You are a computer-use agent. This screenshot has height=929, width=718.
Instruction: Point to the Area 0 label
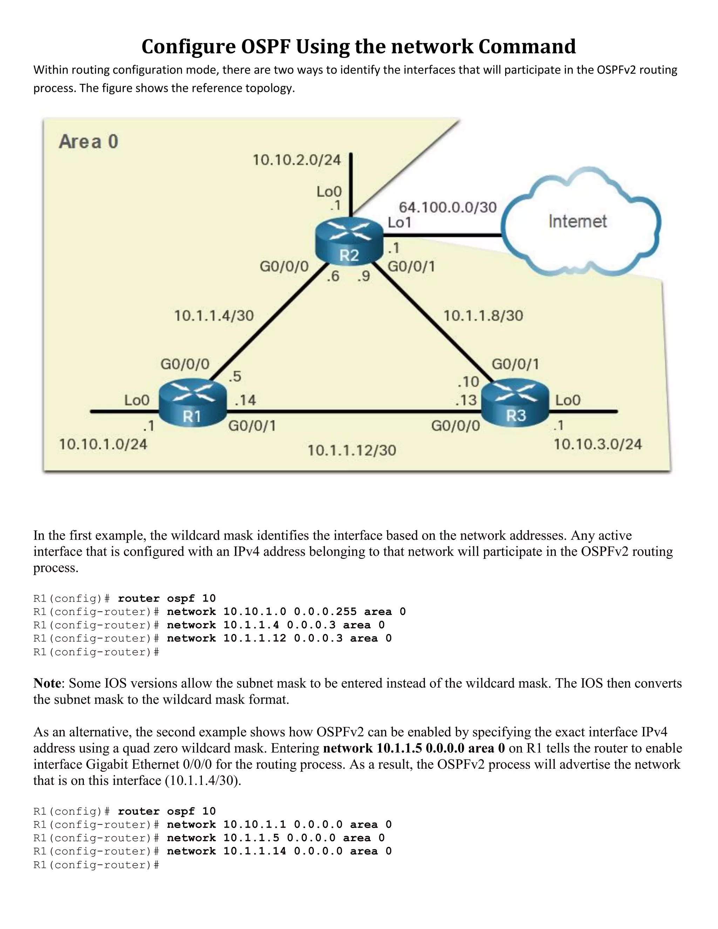[x=88, y=142]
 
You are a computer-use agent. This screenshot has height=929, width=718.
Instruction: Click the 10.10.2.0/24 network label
[x=297, y=160]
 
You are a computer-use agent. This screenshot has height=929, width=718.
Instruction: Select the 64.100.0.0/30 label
[x=447, y=207]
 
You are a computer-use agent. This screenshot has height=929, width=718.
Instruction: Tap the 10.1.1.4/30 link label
[x=214, y=316]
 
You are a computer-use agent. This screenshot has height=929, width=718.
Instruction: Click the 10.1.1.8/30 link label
[x=483, y=316]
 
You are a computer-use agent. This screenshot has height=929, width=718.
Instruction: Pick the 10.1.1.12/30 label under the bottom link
[x=352, y=450]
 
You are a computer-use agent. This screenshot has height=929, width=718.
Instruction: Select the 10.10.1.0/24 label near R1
[x=103, y=444]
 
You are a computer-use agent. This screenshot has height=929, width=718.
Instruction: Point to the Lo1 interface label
[x=399, y=223]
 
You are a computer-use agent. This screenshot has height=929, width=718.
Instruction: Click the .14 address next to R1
[x=245, y=400]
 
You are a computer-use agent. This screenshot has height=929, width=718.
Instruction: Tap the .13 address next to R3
[x=466, y=400]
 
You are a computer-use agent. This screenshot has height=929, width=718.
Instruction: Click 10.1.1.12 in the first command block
[x=255, y=638]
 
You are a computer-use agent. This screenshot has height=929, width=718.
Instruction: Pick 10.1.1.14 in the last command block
[x=255, y=851]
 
